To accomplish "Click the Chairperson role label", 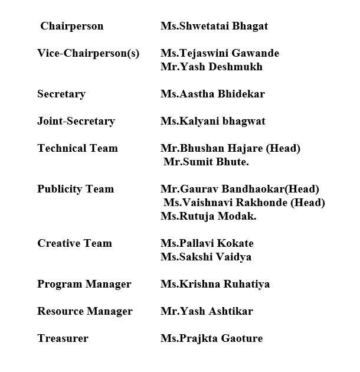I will tap(71, 26).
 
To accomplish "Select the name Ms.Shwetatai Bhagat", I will tap(214, 26).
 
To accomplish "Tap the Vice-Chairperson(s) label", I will tap(88, 53).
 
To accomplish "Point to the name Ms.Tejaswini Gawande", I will tap(220, 53).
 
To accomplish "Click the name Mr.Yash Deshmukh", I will tap(211, 67).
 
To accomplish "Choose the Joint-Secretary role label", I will tap(76, 121).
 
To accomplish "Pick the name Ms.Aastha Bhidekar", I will tap(212, 94).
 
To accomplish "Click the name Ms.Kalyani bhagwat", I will tap(213, 121).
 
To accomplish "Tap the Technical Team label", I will tap(77, 148).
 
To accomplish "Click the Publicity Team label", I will tap(76, 189).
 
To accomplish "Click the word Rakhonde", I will tap(265, 203).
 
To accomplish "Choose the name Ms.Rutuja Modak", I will tap(200, 216).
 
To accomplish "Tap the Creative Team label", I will tap(74, 243).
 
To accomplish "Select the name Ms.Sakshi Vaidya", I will tap(206, 257).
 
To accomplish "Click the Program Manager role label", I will tap(84, 284).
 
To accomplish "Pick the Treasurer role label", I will tap(63, 338).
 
